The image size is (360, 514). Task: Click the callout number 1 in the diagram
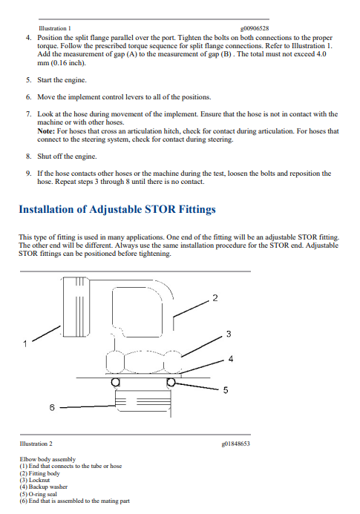pos(25,344)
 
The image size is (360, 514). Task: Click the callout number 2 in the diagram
pos(215,298)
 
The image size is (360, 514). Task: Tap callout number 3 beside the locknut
pos(229,334)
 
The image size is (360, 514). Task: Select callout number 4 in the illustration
pos(231,359)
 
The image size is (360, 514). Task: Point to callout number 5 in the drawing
pos(226,390)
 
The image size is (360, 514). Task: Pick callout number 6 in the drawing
pos(52,407)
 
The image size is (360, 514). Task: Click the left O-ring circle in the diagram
pos(115,382)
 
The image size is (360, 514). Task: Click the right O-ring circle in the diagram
pos(171,382)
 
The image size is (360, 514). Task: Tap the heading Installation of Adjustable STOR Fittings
pos(117,209)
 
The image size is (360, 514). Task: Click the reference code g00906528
pos(255,28)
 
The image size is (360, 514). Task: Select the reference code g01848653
pos(235,444)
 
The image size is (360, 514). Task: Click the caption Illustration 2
pos(36,444)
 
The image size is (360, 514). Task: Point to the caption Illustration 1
pos(54,28)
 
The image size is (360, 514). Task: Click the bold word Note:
pos(46,131)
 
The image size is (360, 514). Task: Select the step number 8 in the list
pos(28,156)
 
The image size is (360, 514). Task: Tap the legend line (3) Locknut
pos(35,480)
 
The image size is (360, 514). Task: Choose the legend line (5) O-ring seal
pos(38,494)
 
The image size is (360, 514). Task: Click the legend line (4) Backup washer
pos(44,487)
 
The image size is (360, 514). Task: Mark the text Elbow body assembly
pos(48,459)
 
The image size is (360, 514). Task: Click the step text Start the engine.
pos(62,80)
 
